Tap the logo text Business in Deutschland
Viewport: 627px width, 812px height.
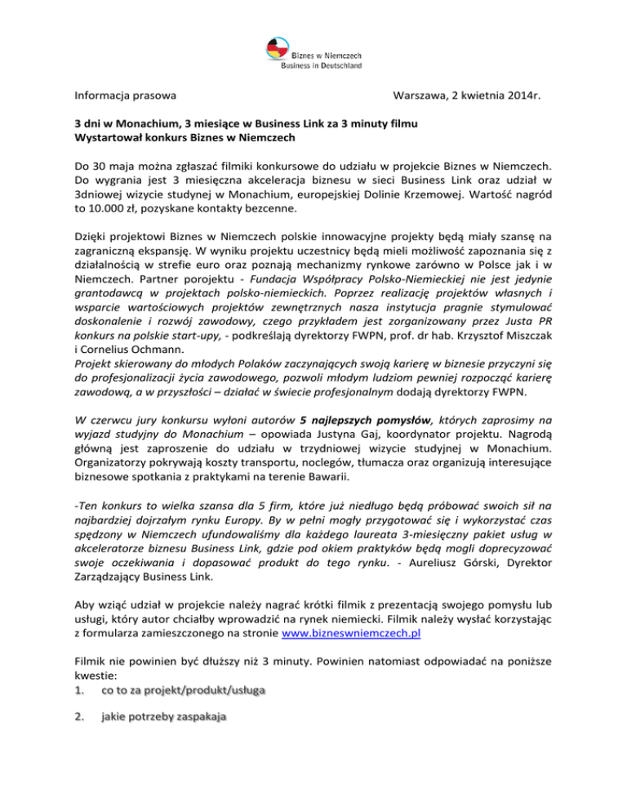pyautogui.click(x=322, y=65)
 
